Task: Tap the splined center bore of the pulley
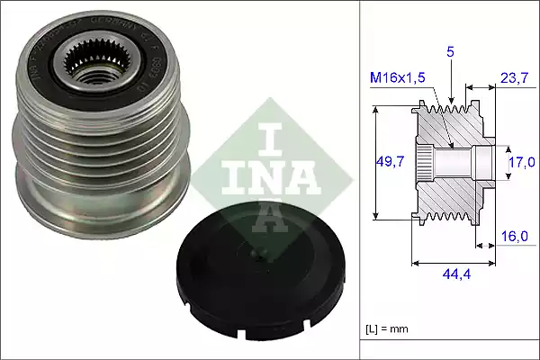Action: pos(90,64)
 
